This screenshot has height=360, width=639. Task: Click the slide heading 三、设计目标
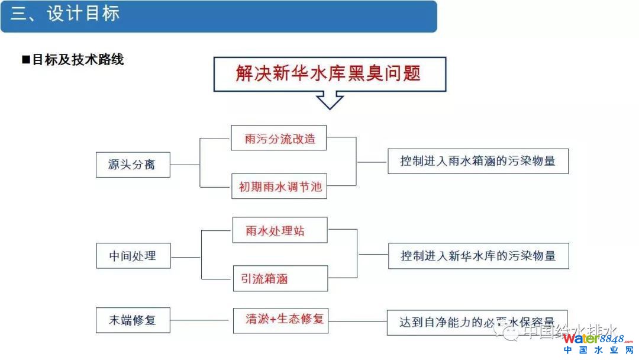(65, 14)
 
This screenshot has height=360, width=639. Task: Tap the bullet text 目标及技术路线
(78, 60)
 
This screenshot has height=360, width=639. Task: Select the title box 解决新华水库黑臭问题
(330, 74)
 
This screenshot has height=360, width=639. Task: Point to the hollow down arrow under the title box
(330, 100)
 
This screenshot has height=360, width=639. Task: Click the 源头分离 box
(133, 165)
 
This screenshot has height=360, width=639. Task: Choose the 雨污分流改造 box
(279, 138)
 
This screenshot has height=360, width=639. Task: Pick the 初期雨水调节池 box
(279, 187)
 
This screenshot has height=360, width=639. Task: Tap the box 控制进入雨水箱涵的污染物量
(477, 161)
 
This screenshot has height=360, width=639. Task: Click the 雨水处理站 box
(279, 230)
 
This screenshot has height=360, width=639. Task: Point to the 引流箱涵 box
(279, 278)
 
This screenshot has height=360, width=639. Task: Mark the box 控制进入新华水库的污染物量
(477, 256)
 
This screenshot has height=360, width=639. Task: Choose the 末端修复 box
(133, 320)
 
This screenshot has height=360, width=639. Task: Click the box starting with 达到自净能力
(477, 323)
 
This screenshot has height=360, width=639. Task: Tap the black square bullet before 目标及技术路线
(25, 60)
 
